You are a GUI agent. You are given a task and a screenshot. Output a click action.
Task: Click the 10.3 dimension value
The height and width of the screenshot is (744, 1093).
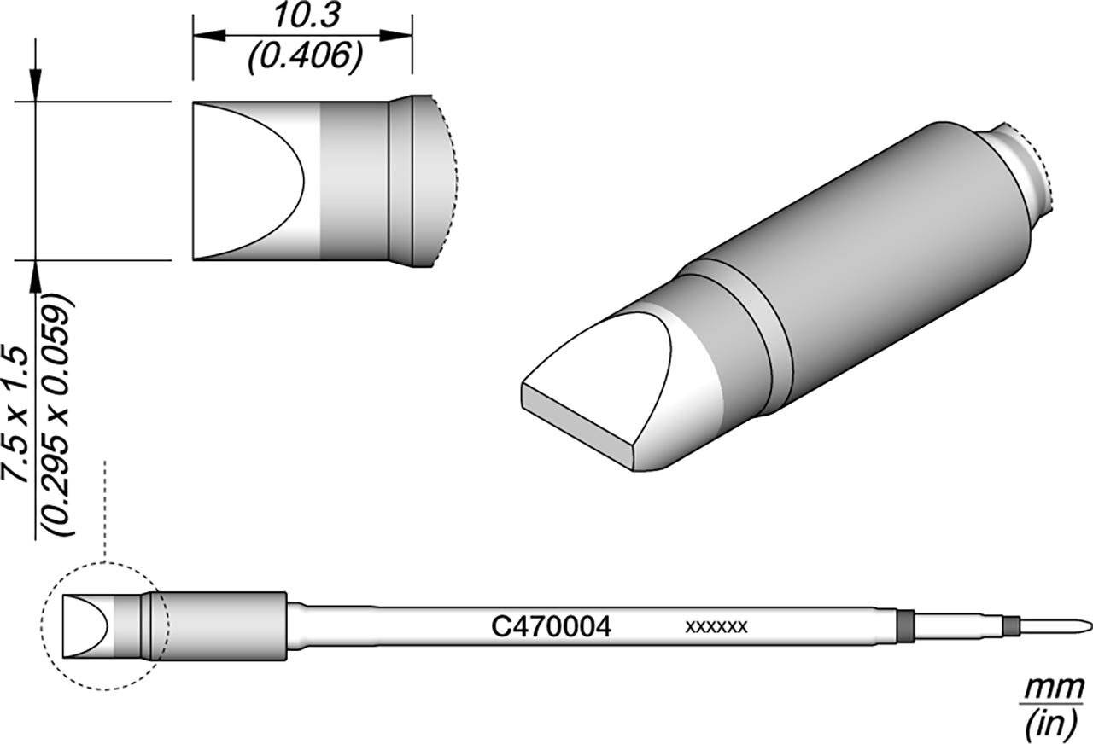point(307,16)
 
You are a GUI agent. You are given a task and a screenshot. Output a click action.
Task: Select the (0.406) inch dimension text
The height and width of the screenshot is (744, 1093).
point(306,57)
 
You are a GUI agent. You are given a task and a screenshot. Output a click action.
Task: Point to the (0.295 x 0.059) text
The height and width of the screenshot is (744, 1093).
point(59,415)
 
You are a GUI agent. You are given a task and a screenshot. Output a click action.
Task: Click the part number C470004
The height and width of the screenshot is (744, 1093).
point(551,627)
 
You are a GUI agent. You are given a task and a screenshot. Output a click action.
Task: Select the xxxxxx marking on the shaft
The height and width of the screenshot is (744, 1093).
point(716,626)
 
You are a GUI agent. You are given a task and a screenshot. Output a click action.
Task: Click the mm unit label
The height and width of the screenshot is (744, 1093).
point(1054,689)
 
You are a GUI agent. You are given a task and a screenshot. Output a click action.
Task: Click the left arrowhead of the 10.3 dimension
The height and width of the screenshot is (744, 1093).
point(209,35)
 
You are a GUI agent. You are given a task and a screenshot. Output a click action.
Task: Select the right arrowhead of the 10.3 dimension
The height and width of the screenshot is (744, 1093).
point(396,35)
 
